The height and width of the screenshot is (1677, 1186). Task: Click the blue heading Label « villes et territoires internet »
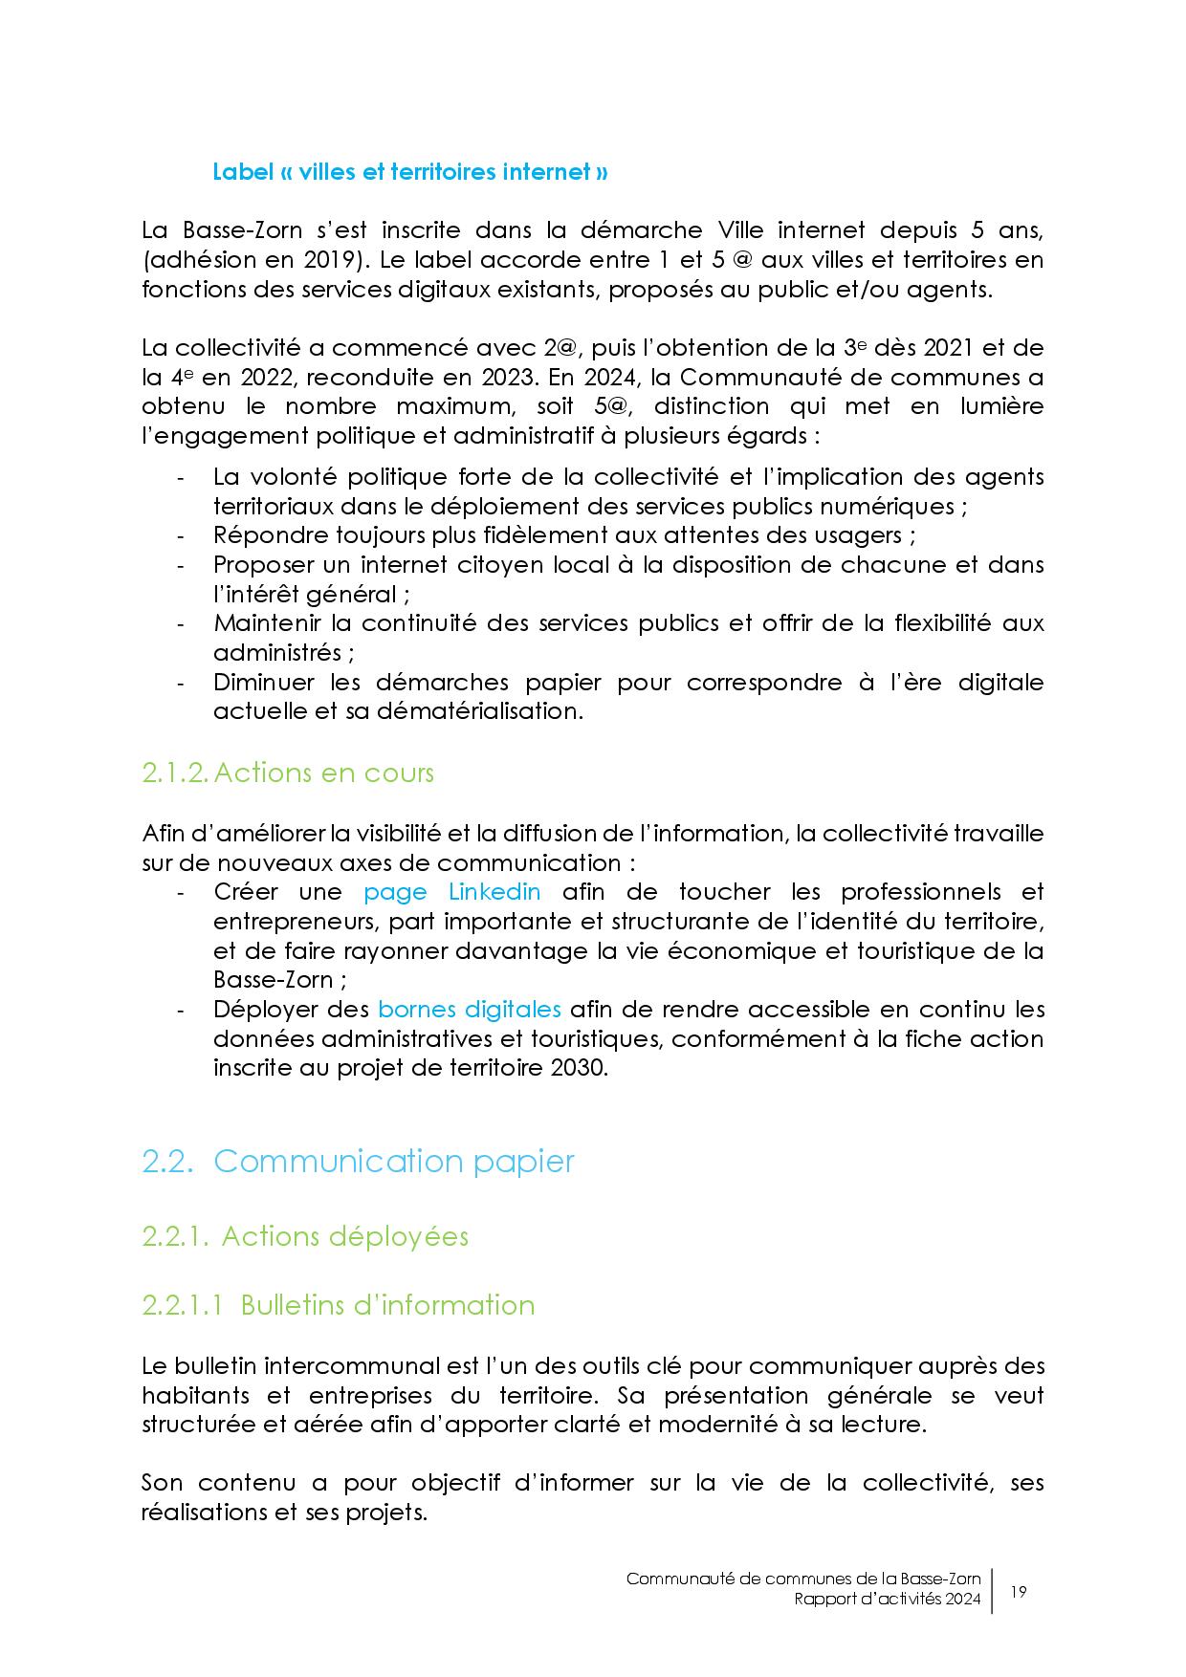click(x=409, y=172)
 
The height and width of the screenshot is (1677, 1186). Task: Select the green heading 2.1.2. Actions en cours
click(x=288, y=773)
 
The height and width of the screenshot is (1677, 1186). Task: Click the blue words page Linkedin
click(x=452, y=892)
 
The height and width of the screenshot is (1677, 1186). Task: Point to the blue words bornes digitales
click(x=470, y=1010)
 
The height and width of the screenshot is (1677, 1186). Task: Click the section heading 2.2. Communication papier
click(x=358, y=1161)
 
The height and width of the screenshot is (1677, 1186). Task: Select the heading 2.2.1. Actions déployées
click(x=305, y=1236)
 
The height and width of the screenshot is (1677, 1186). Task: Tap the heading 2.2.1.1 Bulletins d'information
click(x=338, y=1305)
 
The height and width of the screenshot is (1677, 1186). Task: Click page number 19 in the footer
click(x=1018, y=1592)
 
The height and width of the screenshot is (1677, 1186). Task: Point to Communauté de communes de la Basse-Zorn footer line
click(x=803, y=1579)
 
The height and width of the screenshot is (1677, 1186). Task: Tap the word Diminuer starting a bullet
click(x=263, y=683)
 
